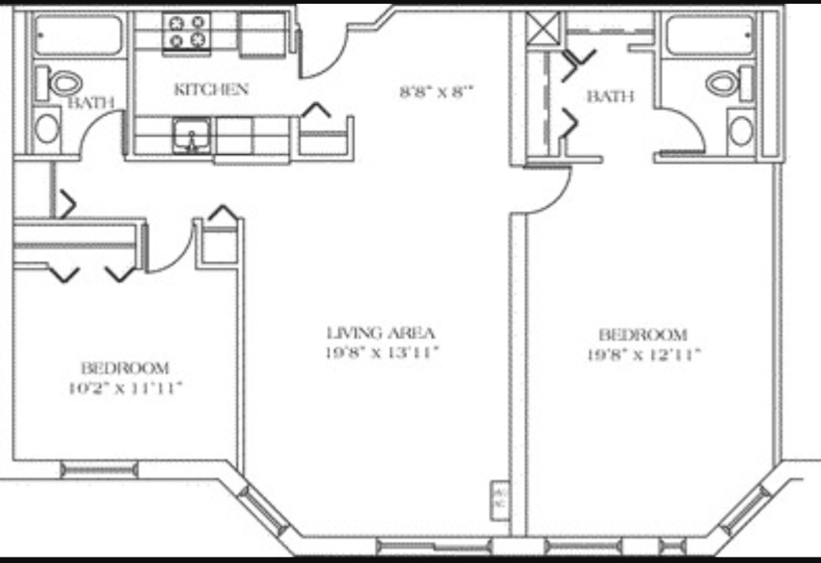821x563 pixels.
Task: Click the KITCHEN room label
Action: tap(211, 89)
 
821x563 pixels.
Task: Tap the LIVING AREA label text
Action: tap(382, 333)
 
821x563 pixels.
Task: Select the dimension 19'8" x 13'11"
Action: tap(382, 353)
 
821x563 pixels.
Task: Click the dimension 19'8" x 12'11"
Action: tap(642, 355)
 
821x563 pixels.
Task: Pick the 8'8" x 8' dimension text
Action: tap(435, 91)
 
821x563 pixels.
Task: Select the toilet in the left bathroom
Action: tap(65, 82)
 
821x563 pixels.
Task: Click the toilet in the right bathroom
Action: tap(722, 82)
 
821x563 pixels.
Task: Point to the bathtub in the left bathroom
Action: tap(78, 36)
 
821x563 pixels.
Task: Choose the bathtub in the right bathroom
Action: tap(709, 36)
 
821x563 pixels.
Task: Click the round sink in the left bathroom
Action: tap(47, 128)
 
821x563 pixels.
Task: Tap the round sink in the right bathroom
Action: tap(740, 130)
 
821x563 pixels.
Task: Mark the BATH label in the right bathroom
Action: tap(610, 96)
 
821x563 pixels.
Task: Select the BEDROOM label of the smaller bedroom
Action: tap(125, 368)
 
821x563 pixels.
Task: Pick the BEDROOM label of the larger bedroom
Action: tap(642, 334)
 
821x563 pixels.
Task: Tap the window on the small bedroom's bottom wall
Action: tap(100, 470)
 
